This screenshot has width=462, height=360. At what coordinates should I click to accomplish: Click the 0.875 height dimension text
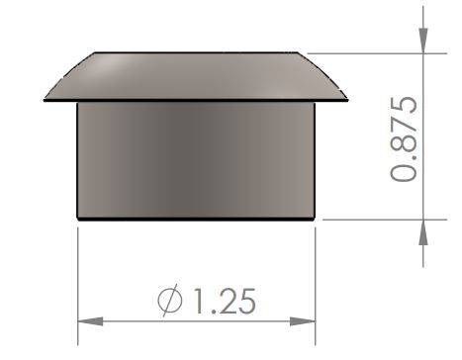point(405,137)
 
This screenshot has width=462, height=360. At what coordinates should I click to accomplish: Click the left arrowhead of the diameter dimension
point(89,319)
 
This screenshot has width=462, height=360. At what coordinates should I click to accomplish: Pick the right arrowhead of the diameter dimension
point(304,319)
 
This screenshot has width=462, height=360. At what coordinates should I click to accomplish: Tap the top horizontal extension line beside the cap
point(376,52)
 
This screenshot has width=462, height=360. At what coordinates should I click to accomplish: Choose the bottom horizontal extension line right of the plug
point(376,219)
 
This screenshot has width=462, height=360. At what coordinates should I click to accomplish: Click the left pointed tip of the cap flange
point(46,99)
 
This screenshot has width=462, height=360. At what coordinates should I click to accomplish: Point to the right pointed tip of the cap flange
point(347,100)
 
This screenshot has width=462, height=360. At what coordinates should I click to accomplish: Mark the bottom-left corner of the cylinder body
point(78,218)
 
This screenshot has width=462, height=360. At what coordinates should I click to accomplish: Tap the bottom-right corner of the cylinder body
point(315,218)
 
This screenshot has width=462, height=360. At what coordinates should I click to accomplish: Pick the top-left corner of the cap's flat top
point(93,53)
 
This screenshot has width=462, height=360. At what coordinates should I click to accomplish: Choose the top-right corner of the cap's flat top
point(301,53)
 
